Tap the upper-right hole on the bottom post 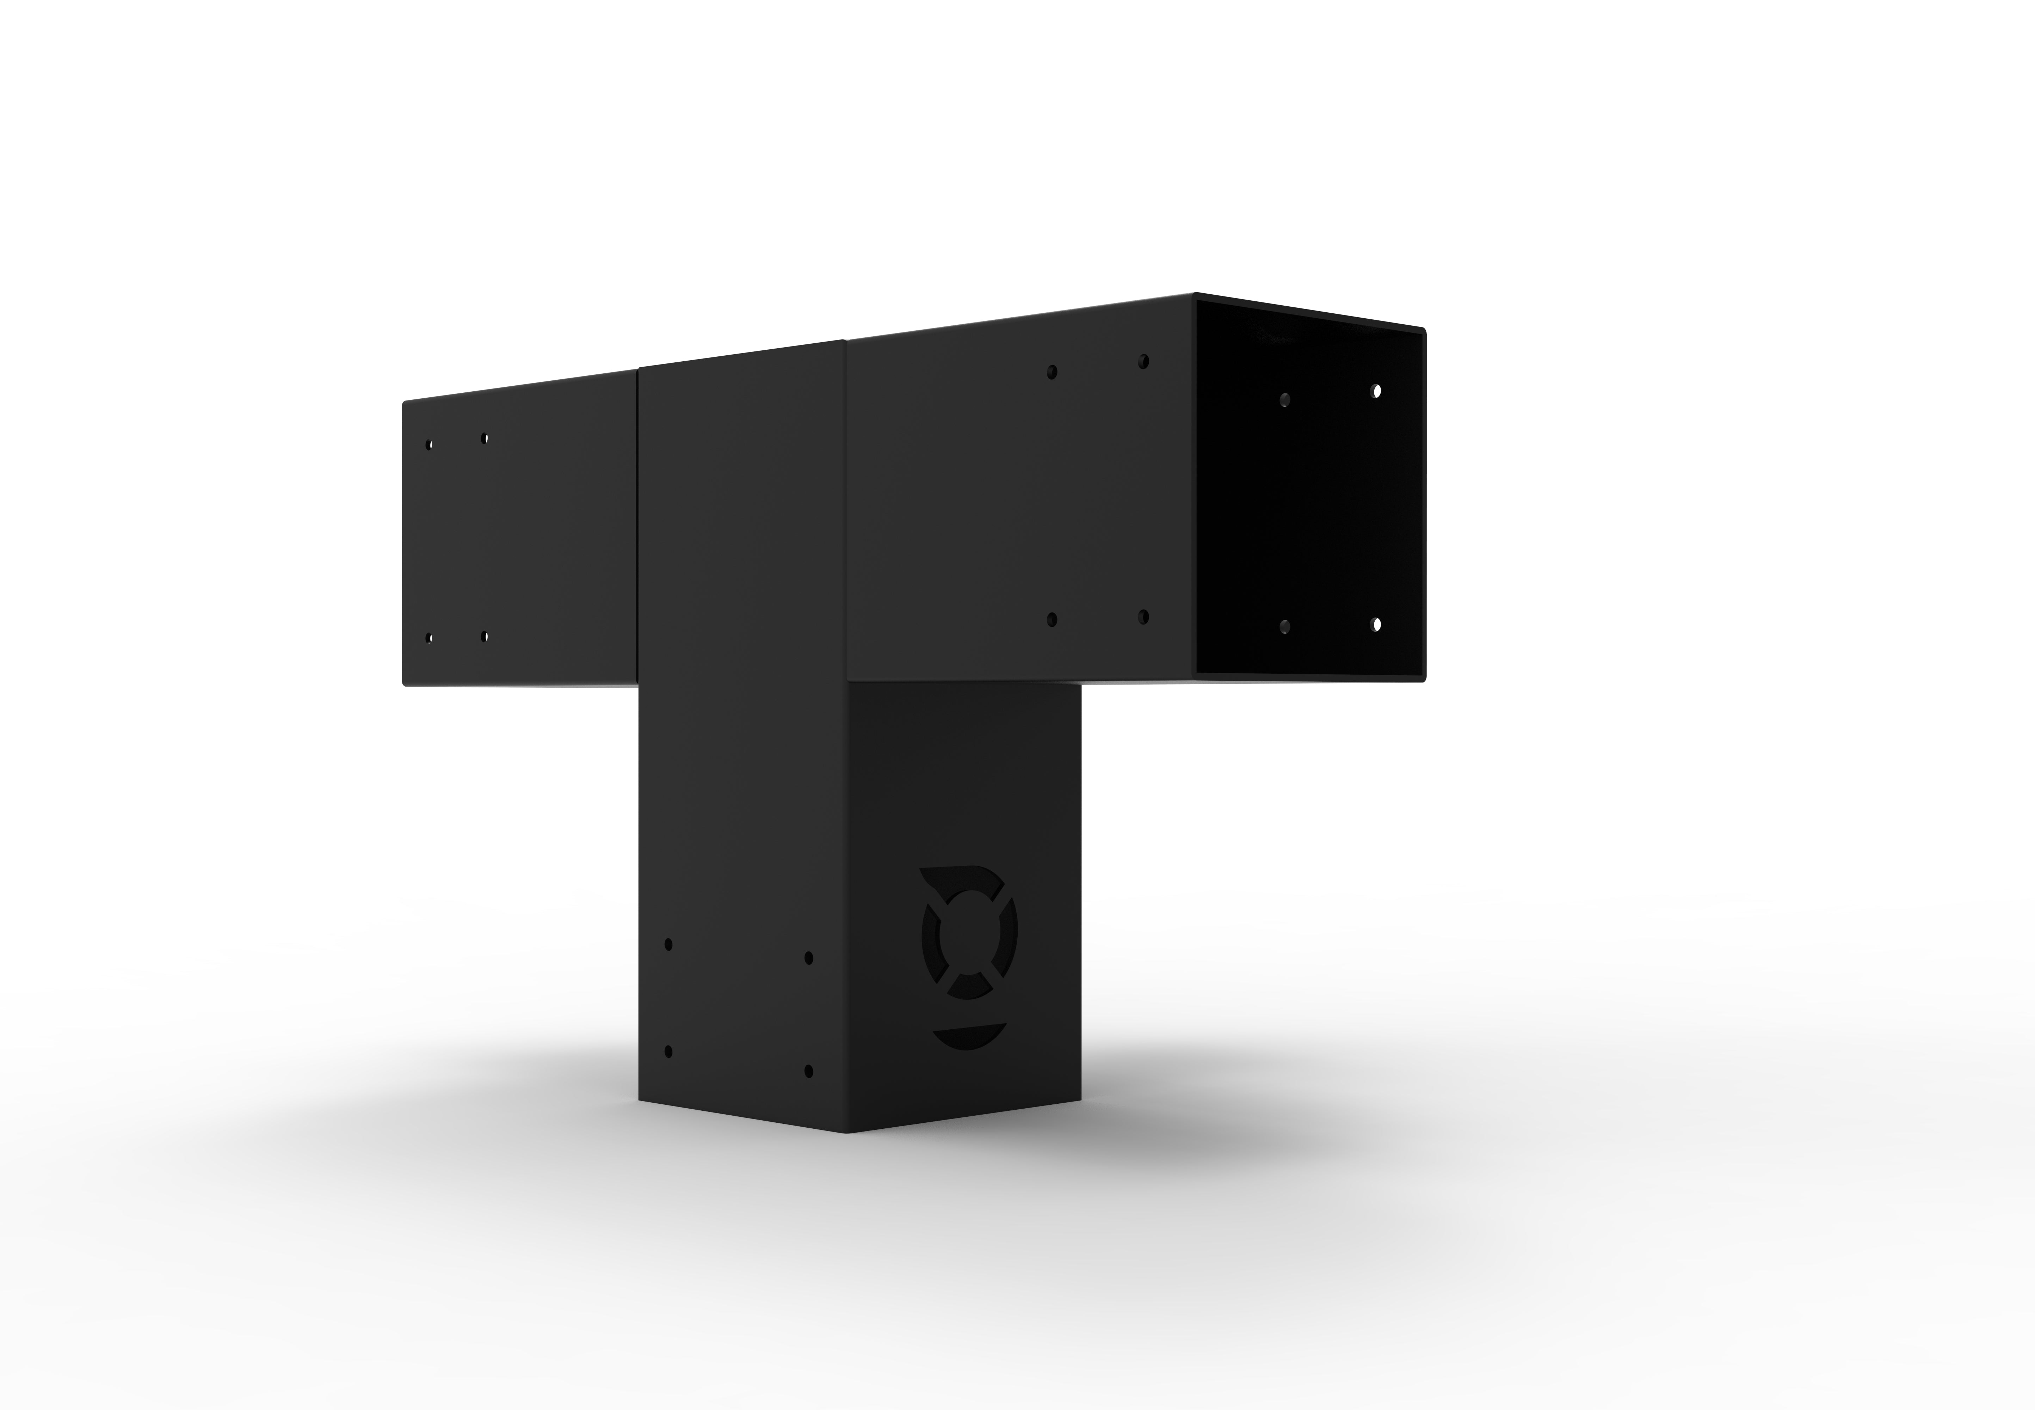click(x=809, y=958)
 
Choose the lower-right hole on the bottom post click(x=809, y=1072)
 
